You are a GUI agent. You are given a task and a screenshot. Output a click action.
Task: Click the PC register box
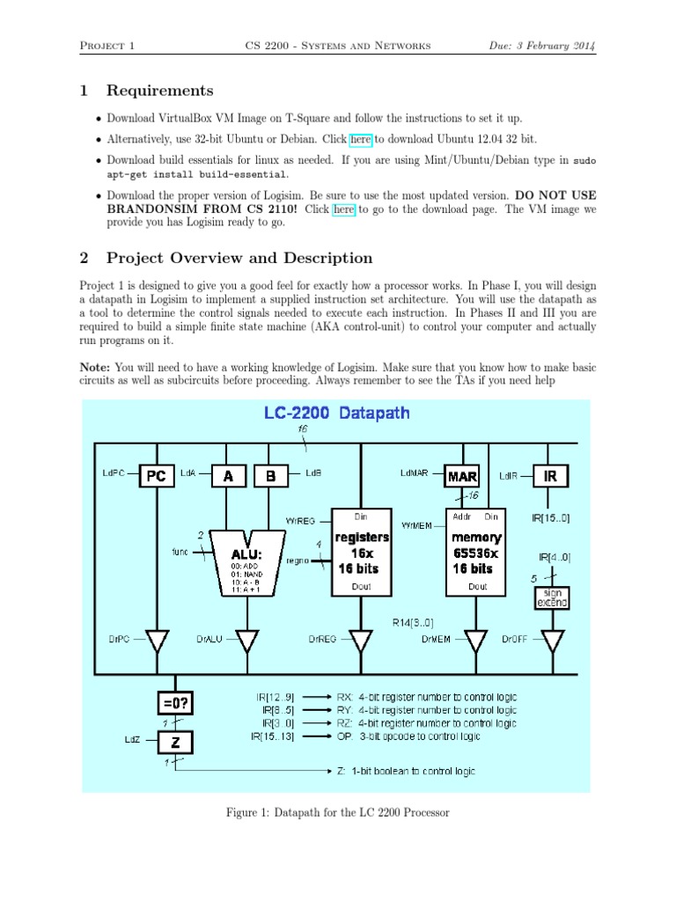156,476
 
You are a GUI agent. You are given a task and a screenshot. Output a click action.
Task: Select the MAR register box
461,476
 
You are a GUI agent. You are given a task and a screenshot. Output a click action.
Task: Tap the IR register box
551,476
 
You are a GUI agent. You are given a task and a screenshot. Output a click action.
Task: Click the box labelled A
229,476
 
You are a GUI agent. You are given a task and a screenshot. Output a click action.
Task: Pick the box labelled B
271,476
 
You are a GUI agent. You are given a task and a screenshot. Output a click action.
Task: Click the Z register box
177,742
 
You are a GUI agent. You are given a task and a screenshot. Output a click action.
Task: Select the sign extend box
552,598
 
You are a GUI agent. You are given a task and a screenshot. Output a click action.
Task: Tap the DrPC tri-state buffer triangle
156,641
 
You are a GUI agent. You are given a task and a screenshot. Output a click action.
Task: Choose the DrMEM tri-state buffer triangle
476,641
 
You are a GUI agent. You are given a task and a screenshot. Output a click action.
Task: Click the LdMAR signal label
414,472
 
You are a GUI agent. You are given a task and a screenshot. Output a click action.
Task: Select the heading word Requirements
159,91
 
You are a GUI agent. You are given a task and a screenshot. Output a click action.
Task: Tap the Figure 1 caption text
338,812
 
